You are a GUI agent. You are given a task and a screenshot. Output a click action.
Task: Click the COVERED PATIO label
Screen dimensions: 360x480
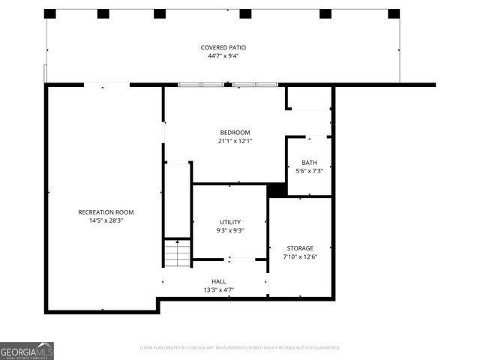point(223,47)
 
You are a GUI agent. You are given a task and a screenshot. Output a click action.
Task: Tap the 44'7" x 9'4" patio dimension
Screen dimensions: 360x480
point(223,56)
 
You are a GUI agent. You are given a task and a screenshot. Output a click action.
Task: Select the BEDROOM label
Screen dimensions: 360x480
point(235,132)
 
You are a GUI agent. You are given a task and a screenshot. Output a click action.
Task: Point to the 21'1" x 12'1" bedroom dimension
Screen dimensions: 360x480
point(235,141)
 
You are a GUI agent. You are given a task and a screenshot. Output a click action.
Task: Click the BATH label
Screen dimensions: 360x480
point(309,163)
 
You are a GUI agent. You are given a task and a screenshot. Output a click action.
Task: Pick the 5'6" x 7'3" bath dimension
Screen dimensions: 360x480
point(309,171)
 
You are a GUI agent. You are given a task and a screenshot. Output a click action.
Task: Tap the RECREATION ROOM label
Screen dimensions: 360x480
point(106,212)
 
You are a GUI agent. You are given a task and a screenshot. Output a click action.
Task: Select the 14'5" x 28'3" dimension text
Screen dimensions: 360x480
point(106,220)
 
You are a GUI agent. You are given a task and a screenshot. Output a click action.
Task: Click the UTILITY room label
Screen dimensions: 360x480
point(230,222)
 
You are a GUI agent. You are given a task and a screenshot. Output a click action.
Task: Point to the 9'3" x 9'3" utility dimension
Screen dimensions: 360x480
point(230,231)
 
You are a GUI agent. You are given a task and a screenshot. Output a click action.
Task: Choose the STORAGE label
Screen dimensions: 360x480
point(300,248)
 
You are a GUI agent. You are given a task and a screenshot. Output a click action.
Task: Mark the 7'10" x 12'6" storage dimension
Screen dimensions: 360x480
point(300,257)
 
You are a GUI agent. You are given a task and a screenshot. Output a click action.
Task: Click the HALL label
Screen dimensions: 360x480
point(218,281)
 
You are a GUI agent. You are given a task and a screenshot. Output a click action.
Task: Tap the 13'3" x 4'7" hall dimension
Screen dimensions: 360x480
point(218,289)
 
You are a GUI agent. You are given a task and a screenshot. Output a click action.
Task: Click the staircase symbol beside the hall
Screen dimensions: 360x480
point(178,253)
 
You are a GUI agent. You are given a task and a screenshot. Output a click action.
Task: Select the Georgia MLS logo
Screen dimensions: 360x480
point(27,351)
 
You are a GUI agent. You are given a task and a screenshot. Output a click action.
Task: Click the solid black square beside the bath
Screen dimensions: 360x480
point(277,190)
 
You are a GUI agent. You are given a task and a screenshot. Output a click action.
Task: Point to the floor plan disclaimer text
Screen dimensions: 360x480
point(240,348)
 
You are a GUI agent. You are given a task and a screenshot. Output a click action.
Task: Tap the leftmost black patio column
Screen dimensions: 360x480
point(50,13)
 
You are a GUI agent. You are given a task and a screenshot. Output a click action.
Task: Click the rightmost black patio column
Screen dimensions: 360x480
point(394,13)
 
